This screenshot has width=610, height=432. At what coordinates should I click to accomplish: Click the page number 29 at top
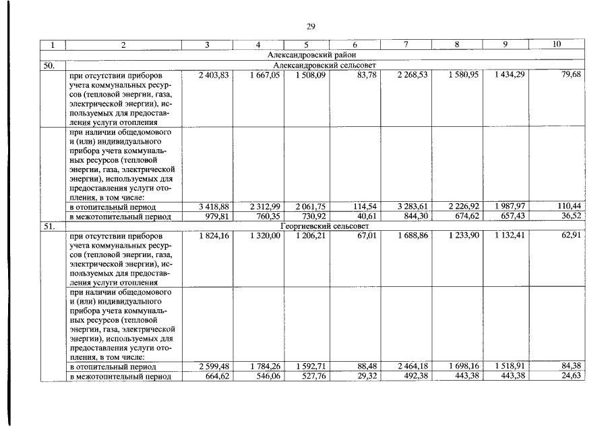pos(311,26)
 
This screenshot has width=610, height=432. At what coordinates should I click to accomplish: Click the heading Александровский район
pos(311,54)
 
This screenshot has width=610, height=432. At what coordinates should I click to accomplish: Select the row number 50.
pos(49,65)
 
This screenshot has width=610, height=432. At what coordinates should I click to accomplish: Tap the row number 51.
pos(49,226)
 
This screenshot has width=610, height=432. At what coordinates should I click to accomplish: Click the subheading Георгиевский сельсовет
pos(322,226)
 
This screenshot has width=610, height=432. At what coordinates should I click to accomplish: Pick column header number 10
pos(557,45)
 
